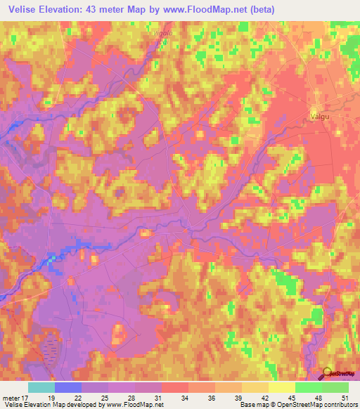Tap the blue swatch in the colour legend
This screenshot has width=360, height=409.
click(x=68, y=387)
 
